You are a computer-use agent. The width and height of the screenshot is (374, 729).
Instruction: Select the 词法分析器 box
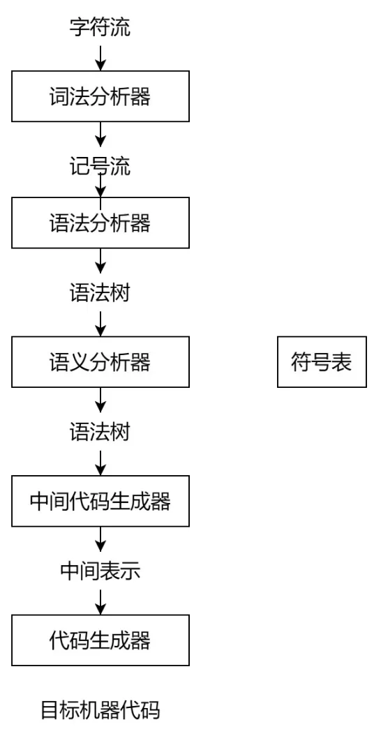pos(100,97)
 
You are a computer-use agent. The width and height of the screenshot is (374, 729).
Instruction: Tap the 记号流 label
pos(100,167)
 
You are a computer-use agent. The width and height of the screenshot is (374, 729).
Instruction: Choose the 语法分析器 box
pos(100,223)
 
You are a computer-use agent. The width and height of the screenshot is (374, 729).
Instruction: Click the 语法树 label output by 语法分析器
pos(100,292)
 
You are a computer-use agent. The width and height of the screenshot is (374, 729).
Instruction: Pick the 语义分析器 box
pos(100,362)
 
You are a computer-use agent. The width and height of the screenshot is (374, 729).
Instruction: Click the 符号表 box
pos(322,362)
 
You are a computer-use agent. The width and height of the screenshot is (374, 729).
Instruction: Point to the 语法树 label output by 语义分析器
pos(100,431)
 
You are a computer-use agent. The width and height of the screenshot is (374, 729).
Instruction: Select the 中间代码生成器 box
pos(100,501)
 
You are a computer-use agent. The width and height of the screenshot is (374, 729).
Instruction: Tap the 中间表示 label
pos(100,571)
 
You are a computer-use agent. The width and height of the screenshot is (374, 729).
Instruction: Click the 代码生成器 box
pos(100,640)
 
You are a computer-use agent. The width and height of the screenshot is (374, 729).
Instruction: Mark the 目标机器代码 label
pos(100,710)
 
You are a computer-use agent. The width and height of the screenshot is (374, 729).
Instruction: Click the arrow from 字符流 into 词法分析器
pos(100,58)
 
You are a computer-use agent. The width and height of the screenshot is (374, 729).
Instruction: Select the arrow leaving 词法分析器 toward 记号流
pos(100,134)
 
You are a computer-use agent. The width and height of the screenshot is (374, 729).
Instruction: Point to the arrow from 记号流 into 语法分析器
pos(100,187)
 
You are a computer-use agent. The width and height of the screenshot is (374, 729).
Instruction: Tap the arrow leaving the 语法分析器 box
pos(100,260)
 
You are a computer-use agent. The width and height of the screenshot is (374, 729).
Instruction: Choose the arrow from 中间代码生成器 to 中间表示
pos(100,538)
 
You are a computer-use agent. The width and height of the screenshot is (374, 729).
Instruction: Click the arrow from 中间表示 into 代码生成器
pos(100,601)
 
